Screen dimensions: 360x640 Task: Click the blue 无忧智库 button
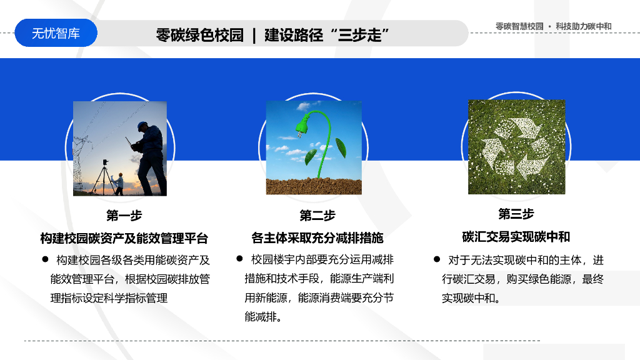coord(56,33)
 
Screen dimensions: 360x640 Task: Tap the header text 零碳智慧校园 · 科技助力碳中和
coord(553,26)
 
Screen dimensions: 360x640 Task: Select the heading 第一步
coord(124,216)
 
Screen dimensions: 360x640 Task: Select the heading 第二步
coord(317,216)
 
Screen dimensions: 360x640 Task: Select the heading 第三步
coord(516,214)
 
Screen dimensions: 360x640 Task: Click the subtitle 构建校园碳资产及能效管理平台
coord(124,238)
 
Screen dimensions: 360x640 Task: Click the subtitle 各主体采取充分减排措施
coord(317,238)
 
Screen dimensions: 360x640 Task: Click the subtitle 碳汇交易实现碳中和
coord(516,237)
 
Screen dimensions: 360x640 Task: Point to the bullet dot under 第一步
coord(45,259)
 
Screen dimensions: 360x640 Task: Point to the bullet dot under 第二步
coord(239,258)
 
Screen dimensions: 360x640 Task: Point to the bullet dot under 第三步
coord(437,259)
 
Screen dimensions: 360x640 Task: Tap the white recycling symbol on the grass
coord(516,147)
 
